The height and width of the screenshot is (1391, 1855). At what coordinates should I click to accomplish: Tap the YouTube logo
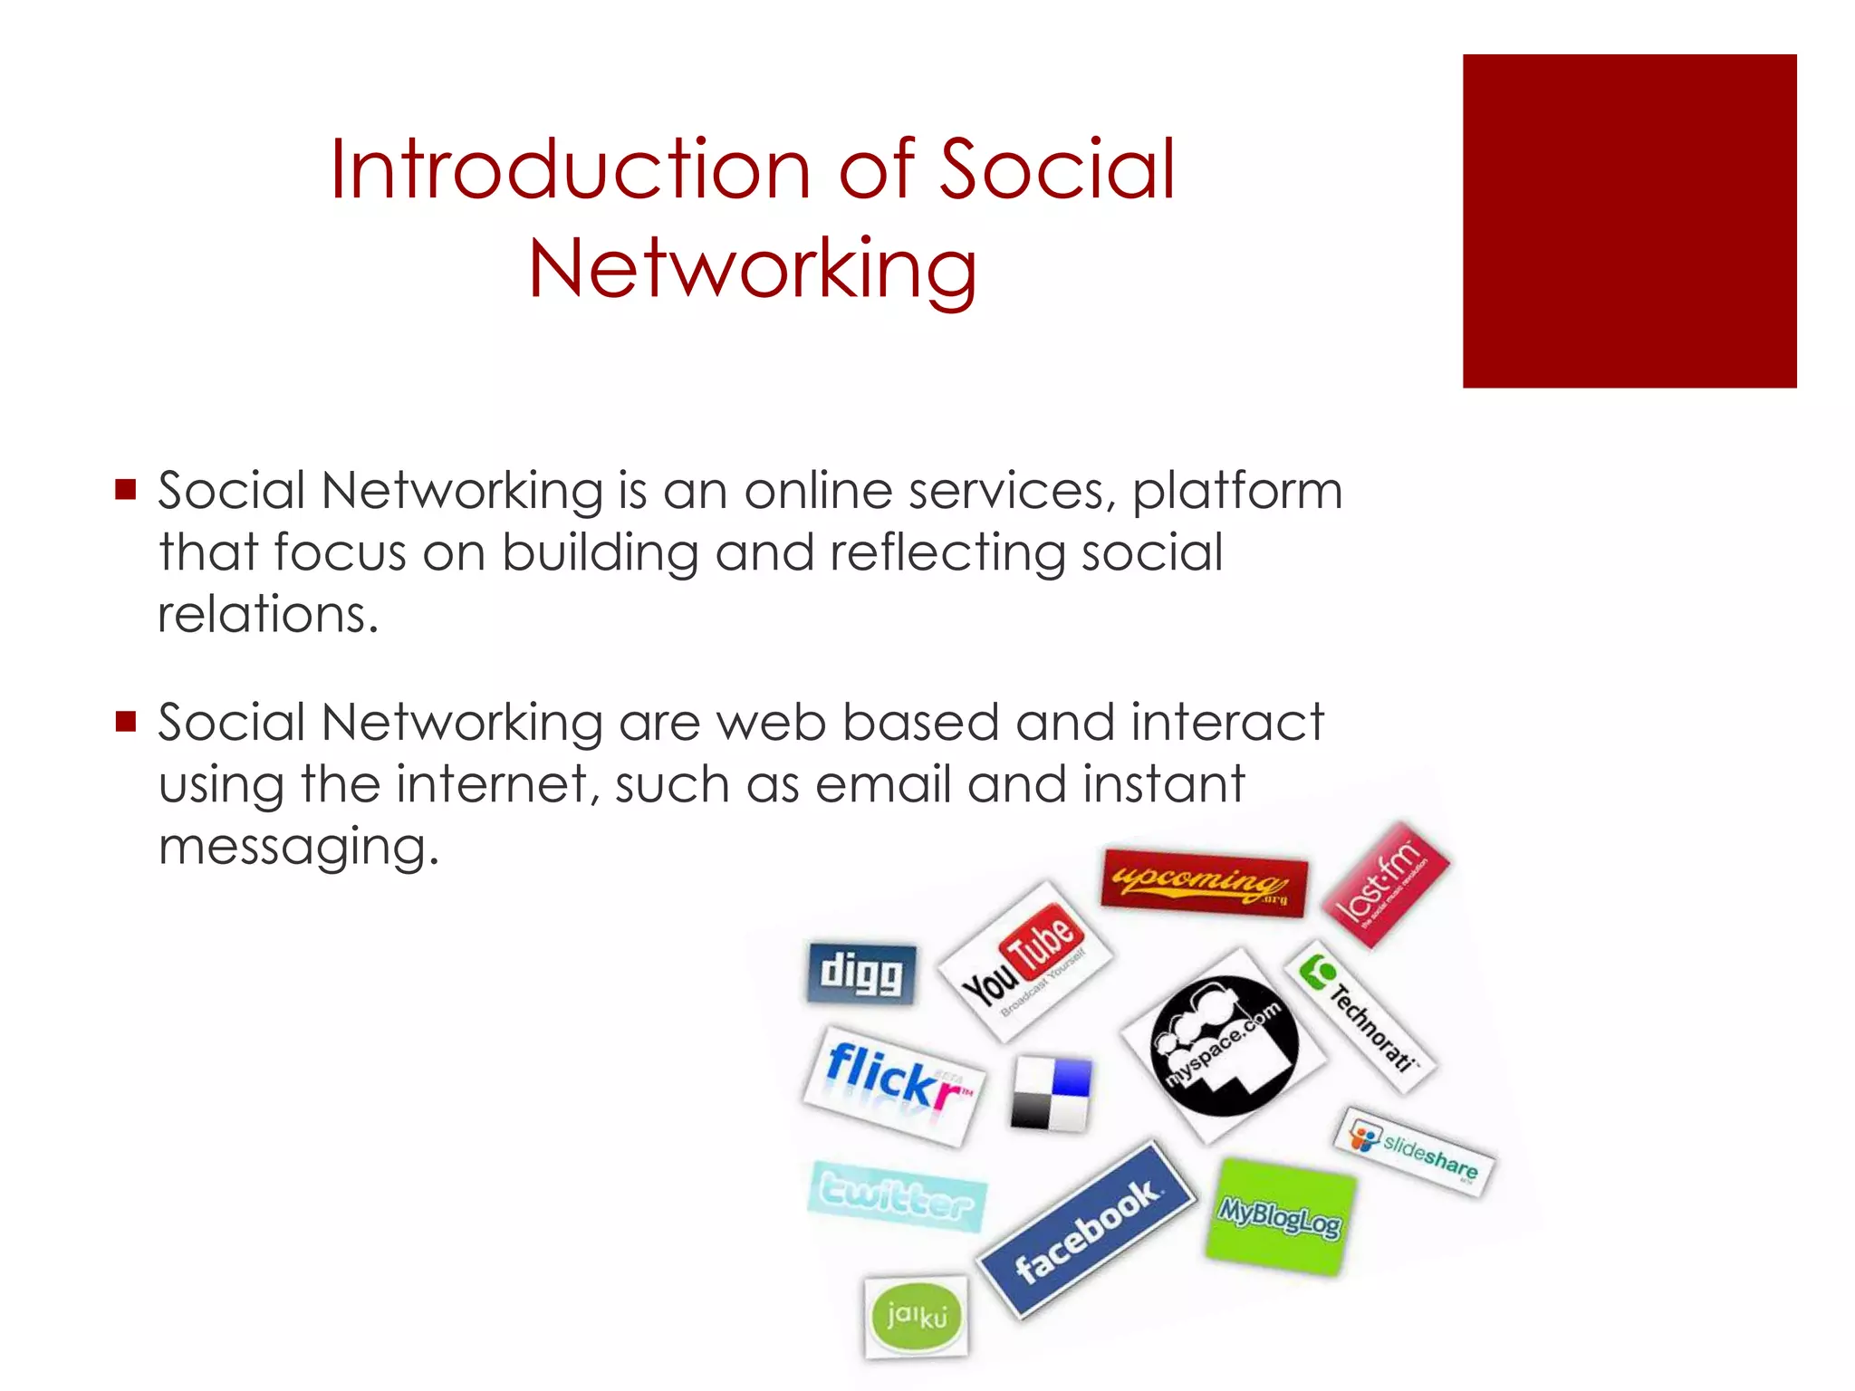coord(1024,961)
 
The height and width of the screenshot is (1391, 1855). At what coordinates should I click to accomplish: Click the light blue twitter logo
coord(897,1196)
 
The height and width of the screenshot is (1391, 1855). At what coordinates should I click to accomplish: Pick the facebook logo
coord(1086,1230)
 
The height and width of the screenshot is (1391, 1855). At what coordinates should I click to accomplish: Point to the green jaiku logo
coord(916,1316)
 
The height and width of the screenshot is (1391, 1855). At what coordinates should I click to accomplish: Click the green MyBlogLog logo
coord(1280,1216)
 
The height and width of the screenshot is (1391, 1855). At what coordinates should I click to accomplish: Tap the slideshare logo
coord(1415,1152)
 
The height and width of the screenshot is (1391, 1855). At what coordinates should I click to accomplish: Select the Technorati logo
coord(1360,1016)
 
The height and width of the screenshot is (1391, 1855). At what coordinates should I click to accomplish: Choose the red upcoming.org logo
coord(1204,882)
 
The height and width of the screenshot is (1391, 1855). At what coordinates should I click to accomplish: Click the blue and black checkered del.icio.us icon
coord(1051,1093)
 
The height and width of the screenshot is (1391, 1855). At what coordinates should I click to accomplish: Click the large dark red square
coord(1629,221)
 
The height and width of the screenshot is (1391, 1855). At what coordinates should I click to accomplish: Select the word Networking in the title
coord(753,269)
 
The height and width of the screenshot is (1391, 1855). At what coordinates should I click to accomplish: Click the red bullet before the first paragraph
coord(126,490)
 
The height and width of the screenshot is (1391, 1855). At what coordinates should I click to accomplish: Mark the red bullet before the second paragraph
coord(126,722)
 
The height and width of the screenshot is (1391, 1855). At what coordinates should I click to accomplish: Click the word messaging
coord(298,848)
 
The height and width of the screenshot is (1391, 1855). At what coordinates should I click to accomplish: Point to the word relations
coord(267,615)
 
